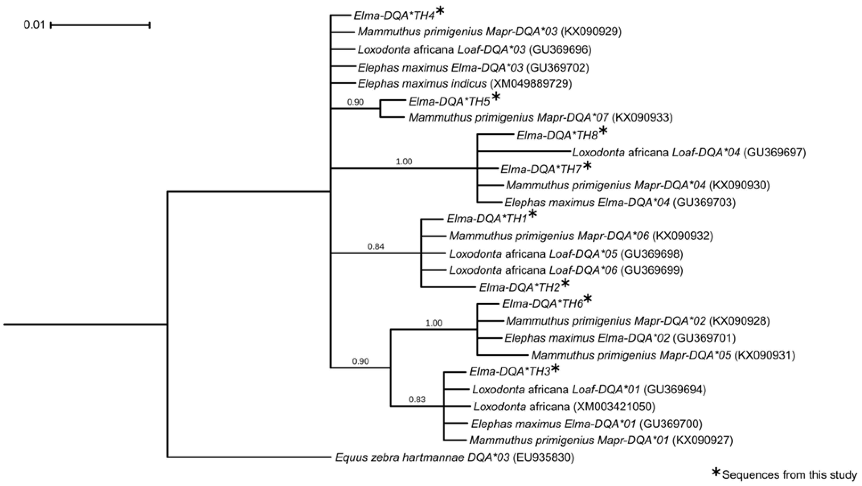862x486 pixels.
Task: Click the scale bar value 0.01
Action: [34, 25]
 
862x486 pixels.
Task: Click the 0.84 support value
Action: [376, 247]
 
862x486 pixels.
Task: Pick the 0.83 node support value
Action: [417, 399]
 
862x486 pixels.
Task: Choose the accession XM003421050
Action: [614, 407]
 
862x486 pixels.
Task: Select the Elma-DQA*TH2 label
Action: [519, 287]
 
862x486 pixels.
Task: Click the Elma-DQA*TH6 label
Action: [542, 304]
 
